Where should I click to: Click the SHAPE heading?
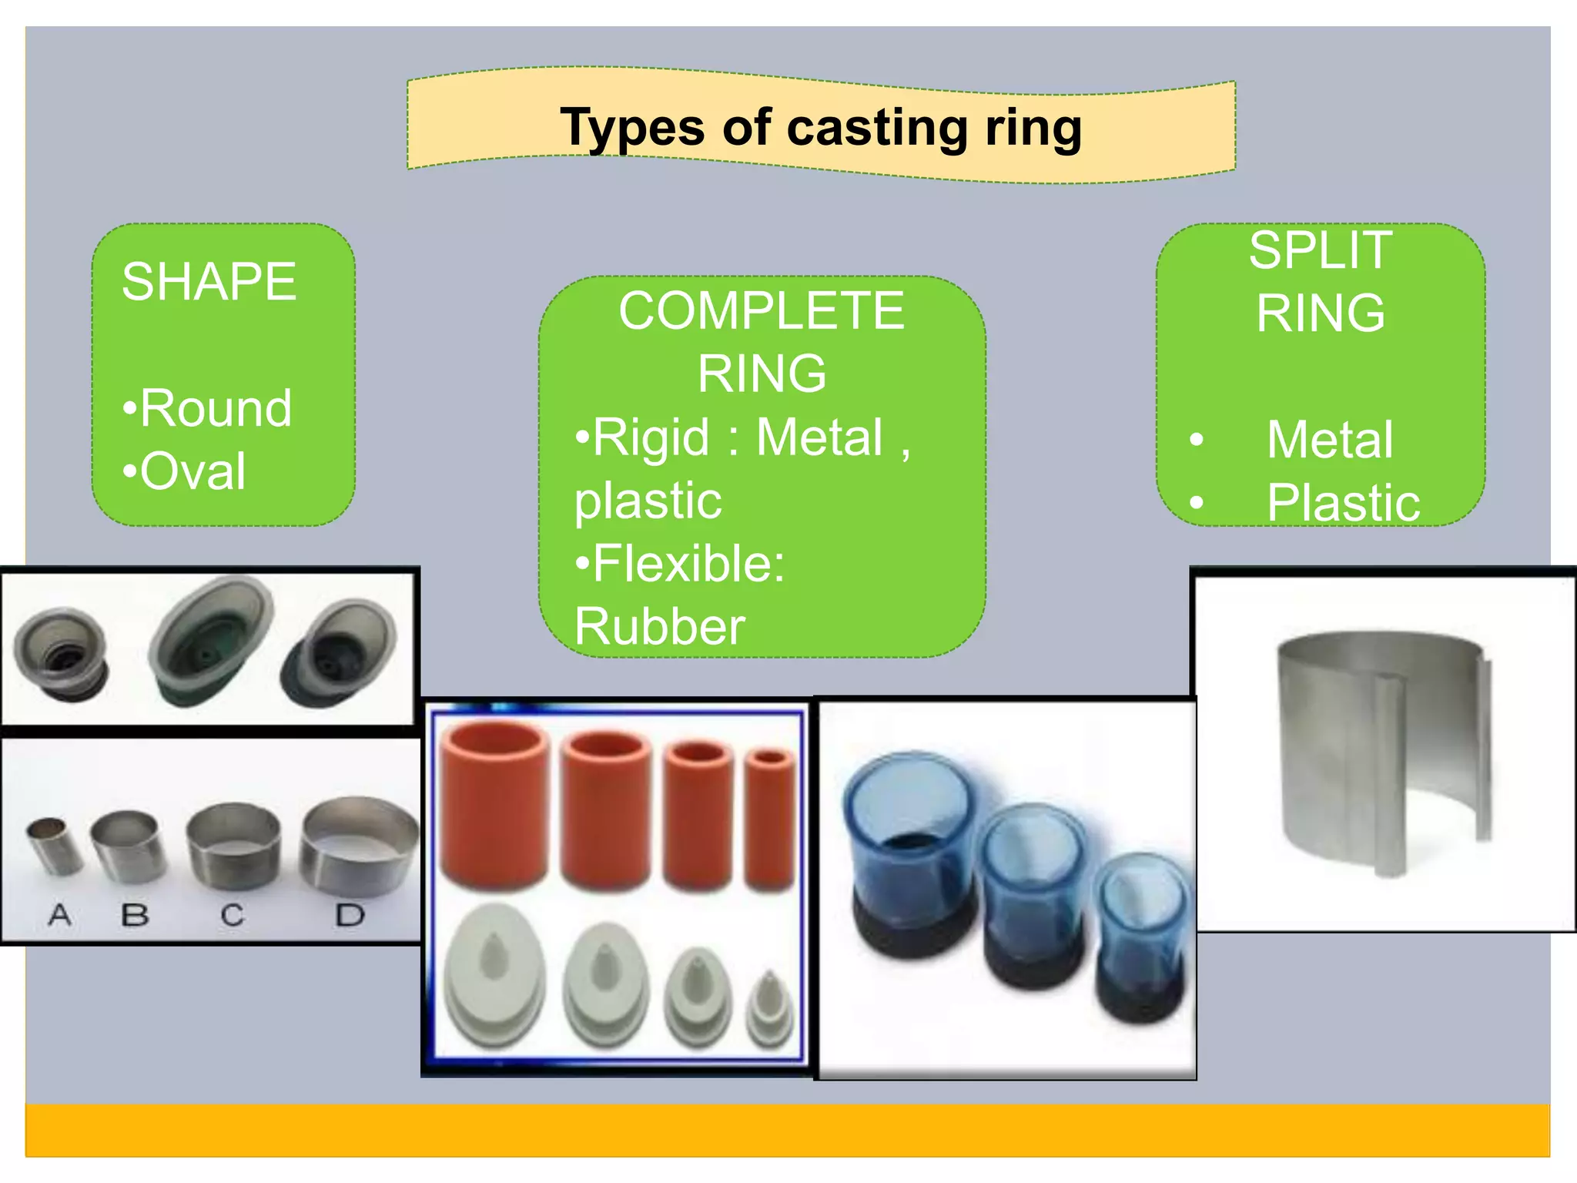click(x=209, y=282)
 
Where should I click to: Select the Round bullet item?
click(x=208, y=407)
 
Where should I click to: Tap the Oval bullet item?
click(x=185, y=471)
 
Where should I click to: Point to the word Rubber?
click(x=660, y=626)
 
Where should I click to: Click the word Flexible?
click(x=681, y=563)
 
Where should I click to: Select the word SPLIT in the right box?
click(x=1320, y=250)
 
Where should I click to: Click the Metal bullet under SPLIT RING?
click(x=1329, y=440)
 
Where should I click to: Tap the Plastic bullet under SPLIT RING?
click(x=1343, y=503)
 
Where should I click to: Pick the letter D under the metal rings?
click(x=350, y=915)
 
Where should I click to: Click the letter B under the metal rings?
click(x=135, y=915)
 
